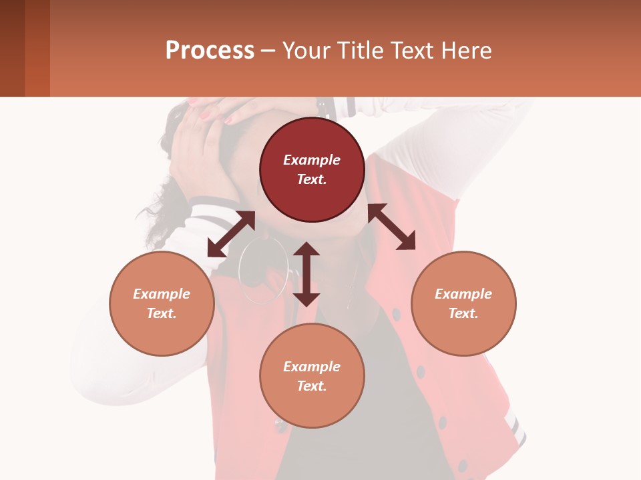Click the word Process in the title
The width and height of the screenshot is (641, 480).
coord(210,51)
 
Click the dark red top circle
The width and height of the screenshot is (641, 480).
coord(312,169)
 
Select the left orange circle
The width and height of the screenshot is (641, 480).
coord(162,303)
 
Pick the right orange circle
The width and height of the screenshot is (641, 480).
coord(463,303)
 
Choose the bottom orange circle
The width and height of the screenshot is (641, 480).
coord(312,376)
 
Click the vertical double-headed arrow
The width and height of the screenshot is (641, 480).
coord(306,274)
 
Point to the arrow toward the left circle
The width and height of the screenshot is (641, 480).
coord(231,234)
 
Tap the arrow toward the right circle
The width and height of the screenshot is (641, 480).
coord(391,227)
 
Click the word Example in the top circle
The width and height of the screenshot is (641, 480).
coord(312,160)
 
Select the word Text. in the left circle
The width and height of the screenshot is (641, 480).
coord(162,313)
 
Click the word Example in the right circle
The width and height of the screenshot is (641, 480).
coord(463,294)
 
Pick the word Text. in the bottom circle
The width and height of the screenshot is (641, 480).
coord(312,386)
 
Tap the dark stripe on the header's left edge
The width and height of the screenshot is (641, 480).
coord(12,48)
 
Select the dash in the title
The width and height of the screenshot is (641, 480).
coord(268,51)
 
